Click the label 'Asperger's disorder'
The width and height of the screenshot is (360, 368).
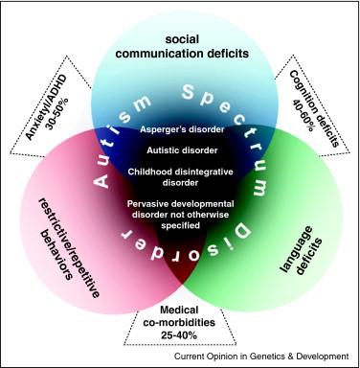[x=182, y=129]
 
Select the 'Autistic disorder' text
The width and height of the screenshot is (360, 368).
[x=182, y=150]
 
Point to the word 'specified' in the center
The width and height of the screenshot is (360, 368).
[x=181, y=225]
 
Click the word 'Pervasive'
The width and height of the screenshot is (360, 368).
[x=147, y=203]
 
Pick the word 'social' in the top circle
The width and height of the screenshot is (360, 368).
[x=182, y=39]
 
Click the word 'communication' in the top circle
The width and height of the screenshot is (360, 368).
[x=160, y=54]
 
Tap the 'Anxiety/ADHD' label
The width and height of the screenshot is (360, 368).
[x=47, y=107]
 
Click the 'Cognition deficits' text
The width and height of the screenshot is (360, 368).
[x=314, y=108]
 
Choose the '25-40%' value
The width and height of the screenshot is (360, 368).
[x=179, y=335]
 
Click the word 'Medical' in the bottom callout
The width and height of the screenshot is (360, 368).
[x=179, y=310]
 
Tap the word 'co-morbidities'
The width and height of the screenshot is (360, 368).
[x=179, y=322]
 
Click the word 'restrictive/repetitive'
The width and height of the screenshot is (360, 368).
[x=68, y=247]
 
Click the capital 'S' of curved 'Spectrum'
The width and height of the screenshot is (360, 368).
[x=190, y=92]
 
